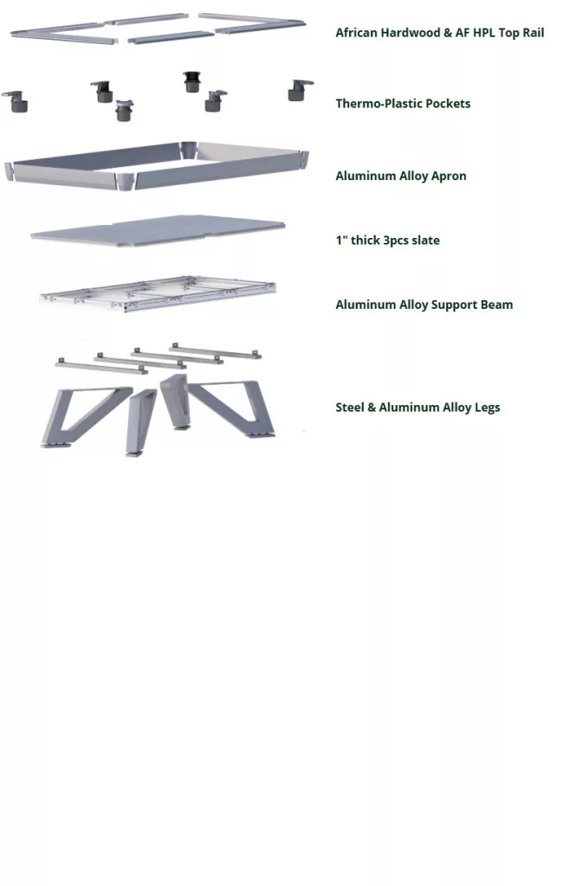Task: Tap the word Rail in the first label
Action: coord(534,33)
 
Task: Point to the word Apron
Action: coord(449,177)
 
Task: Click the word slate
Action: coord(426,241)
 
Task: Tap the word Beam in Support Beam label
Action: coord(497,305)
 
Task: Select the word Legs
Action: coord(488,408)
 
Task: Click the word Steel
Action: coord(349,408)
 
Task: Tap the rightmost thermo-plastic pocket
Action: coord(299,90)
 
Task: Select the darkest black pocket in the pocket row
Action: coord(191,82)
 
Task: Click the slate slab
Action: coord(159,230)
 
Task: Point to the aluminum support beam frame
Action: coord(159,293)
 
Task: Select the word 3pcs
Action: coord(395,241)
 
